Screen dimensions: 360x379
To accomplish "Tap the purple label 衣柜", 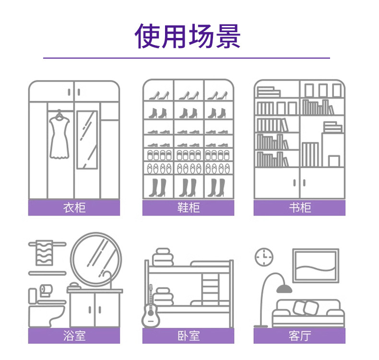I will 74,208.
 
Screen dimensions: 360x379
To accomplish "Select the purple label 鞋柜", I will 188,208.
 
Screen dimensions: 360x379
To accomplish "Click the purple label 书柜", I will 299,208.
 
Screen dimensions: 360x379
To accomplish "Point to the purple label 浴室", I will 74,336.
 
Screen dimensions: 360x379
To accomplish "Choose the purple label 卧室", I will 188,336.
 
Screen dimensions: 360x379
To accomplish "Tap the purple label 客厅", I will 299,336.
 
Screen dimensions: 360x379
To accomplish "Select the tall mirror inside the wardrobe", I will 87,139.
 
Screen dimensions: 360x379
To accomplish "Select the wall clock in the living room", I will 263,257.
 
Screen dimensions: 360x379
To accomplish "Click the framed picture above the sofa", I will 315,265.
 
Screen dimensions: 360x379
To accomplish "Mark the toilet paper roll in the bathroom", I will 46,289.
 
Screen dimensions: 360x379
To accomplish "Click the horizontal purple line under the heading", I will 187,58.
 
